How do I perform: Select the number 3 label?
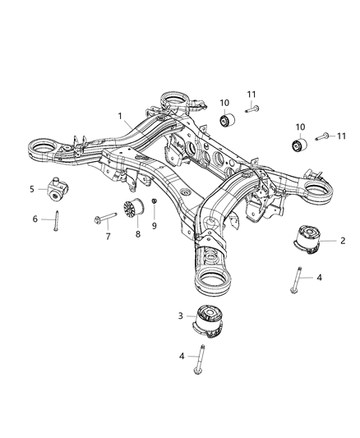pos(180,316)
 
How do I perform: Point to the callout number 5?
pos(32,188)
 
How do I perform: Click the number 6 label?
pos(35,219)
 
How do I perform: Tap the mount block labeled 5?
pos(58,187)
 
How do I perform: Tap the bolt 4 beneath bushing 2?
pos(294,280)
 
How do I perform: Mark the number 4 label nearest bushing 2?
pos(320,277)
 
